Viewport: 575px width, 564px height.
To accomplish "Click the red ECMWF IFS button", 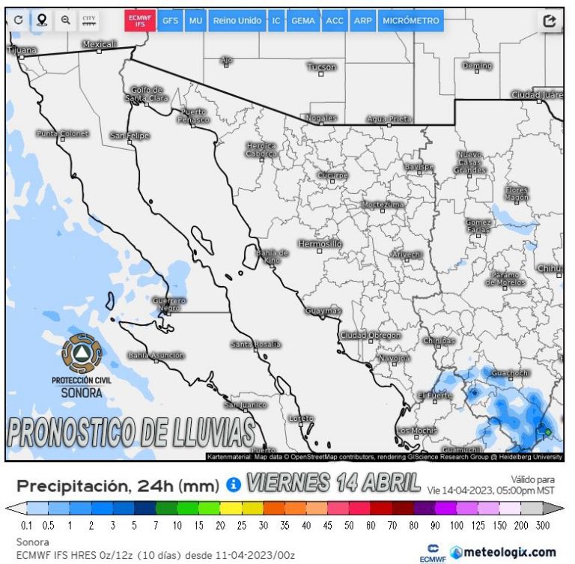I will click(139, 21).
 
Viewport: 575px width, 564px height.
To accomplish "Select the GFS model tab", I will click(170, 21).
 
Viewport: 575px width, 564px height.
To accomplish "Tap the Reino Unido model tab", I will click(237, 21).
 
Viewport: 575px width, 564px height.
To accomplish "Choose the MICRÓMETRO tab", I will click(410, 21).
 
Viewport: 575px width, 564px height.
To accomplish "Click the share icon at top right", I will click(550, 21).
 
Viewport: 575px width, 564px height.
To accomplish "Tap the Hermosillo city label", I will click(320, 244).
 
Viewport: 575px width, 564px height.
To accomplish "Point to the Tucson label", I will click(322, 67).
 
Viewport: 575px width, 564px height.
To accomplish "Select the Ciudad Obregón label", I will click(371, 335).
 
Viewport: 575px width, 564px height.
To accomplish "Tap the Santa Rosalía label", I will click(256, 345).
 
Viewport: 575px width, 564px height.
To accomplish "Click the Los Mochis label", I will click(417, 431).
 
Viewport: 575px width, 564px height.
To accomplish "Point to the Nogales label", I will click(322, 118).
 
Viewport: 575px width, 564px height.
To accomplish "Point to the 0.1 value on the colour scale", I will click(26, 526).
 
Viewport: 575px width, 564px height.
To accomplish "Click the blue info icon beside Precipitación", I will click(232, 485).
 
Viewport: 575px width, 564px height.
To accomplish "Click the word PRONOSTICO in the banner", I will click(67, 433).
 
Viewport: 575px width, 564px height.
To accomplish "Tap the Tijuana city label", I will click(21, 49).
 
